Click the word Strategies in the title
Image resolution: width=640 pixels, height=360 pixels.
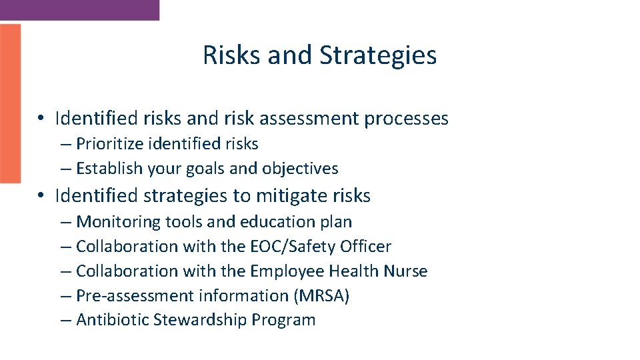pos(378,55)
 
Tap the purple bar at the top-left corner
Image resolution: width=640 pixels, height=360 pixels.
pos(79,9)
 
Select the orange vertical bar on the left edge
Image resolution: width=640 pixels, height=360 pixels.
pos(10,103)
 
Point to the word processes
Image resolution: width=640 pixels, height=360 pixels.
pos(406,119)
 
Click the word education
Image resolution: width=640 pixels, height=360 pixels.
pos(284,221)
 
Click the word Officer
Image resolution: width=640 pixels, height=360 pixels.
pos(366,246)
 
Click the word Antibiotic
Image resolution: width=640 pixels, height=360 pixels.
pos(113,320)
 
